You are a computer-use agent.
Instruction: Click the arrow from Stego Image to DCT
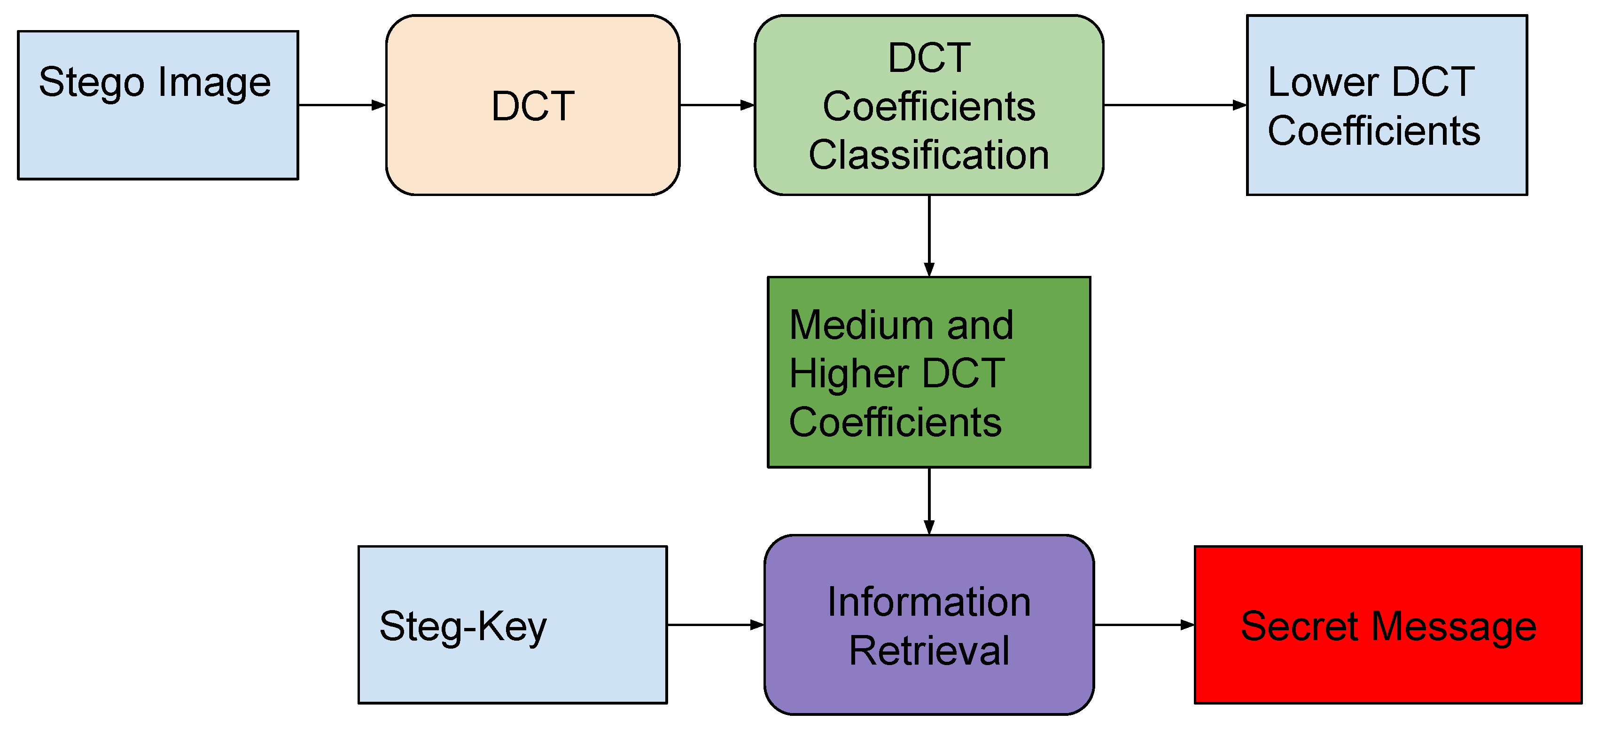tap(342, 105)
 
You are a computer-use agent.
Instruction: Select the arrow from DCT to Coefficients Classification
tap(716, 105)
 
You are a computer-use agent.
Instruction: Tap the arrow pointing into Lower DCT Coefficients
tap(1174, 105)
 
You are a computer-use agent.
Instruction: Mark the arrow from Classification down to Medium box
tap(929, 236)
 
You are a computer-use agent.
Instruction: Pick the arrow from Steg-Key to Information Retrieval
tap(715, 625)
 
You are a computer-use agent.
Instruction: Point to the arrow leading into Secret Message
tap(1143, 625)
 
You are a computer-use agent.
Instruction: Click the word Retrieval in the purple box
tap(929, 651)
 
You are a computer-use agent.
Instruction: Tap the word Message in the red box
tap(1453, 627)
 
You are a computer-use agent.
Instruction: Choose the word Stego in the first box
tap(92, 83)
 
